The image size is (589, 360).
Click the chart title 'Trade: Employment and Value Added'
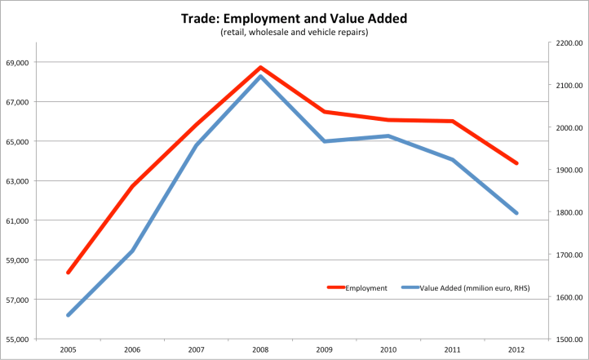click(x=294, y=18)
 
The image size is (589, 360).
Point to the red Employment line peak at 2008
click(x=260, y=67)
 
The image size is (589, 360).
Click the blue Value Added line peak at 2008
click(x=260, y=76)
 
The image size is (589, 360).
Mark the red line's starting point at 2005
click(x=69, y=273)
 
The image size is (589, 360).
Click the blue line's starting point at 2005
click(x=69, y=315)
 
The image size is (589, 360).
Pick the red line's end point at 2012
click(x=516, y=163)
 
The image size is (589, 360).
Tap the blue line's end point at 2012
click(x=516, y=213)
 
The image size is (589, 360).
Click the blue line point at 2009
click(x=325, y=141)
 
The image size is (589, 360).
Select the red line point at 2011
click(x=453, y=122)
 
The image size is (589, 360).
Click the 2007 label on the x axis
click(x=197, y=349)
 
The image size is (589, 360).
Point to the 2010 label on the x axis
click(x=388, y=349)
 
